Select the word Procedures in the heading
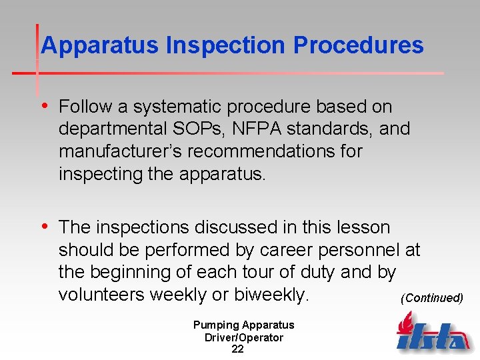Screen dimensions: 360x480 pyautogui.click(x=359, y=45)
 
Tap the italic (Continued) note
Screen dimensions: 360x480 pyautogui.click(x=431, y=298)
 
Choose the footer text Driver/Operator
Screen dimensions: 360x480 pyautogui.click(x=243, y=337)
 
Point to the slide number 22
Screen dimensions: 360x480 pyautogui.click(x=237, y=349)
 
